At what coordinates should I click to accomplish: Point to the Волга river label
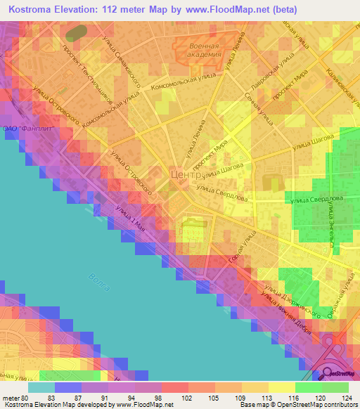[99, 283]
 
